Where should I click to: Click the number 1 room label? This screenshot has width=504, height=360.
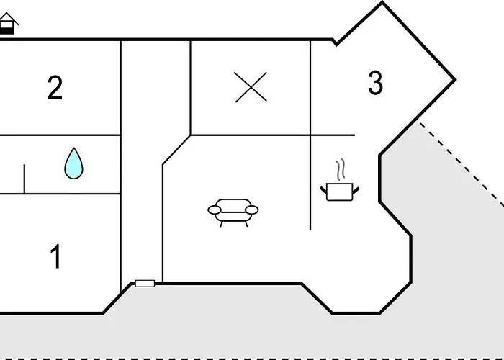click(55, 257)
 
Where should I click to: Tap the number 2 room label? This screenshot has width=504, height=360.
click(55, 88)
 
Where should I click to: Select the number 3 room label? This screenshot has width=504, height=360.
click(375, 84)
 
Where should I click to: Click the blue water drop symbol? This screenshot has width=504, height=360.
click(73, 163)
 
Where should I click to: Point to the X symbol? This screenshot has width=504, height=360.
click(251, 87)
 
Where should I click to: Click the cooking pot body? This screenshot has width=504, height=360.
click(339, 192)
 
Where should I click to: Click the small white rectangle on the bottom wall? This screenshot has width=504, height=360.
click(145, 284)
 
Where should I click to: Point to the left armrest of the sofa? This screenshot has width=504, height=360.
click(215, 210)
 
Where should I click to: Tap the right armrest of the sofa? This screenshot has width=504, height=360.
click(251, 210)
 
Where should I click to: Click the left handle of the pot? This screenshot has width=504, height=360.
click(323, 189)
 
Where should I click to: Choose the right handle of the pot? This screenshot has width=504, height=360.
click(355, 189)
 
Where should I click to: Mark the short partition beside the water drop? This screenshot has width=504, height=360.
click(24, 179)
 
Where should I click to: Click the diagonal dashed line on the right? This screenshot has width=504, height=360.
click(461, 166)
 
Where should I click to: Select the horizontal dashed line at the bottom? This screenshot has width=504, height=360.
click(252, 358)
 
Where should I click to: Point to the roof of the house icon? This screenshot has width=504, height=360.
click(7, 18)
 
